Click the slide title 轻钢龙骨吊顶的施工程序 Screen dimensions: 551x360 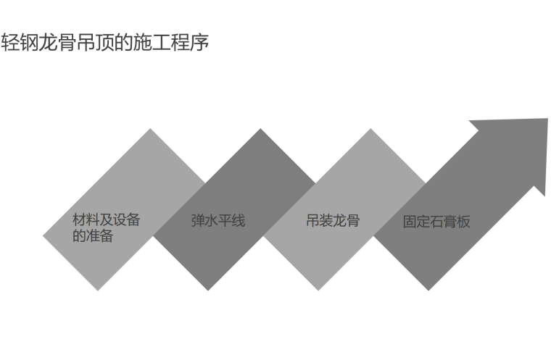coord(105,43)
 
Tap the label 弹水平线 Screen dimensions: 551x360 coord(218,220)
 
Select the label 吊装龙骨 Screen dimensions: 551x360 coord(333,220)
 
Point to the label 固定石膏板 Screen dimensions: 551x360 coord(436,222)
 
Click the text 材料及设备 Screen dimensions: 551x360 coord(106,220)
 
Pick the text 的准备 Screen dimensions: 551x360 coord(93,235)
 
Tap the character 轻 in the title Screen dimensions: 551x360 coord(10,43)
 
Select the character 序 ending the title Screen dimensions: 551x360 coord(200,43)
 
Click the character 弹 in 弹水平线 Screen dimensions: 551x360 coord(198,220)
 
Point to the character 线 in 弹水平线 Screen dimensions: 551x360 coord(239,220)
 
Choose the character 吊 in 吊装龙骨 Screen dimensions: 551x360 coord(312,220)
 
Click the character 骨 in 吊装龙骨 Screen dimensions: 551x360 coord(353,220)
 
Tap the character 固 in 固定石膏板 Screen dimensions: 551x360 coord(410,222)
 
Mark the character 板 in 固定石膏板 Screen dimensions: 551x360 coord(463,222)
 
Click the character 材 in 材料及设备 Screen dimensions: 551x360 coord(79,220)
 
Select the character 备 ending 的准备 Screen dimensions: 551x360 coord(107,235)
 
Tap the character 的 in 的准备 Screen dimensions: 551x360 coord(79,235)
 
